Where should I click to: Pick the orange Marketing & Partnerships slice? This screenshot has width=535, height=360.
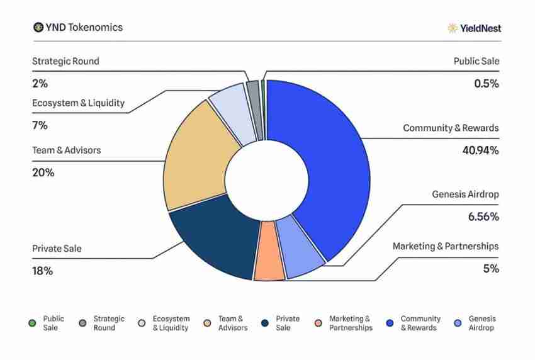[x=269, y=252]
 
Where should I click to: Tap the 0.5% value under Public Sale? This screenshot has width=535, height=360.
[x=486, y=84]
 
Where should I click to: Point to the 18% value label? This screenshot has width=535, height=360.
[x=42, y=271]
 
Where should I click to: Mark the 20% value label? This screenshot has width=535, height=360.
[x=43, y=172]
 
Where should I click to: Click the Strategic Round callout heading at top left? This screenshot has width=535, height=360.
[x=65, y=62]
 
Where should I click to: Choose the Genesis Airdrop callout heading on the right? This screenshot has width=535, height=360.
[x=465, y=194]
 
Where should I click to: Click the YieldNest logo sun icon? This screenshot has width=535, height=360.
[x=452, y=28]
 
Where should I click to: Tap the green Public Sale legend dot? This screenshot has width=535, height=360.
[x=32, y=323]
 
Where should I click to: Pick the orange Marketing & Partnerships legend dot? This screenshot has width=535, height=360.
[x=318, y=323]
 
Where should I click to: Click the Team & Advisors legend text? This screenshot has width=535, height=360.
[x=232, y=323]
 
